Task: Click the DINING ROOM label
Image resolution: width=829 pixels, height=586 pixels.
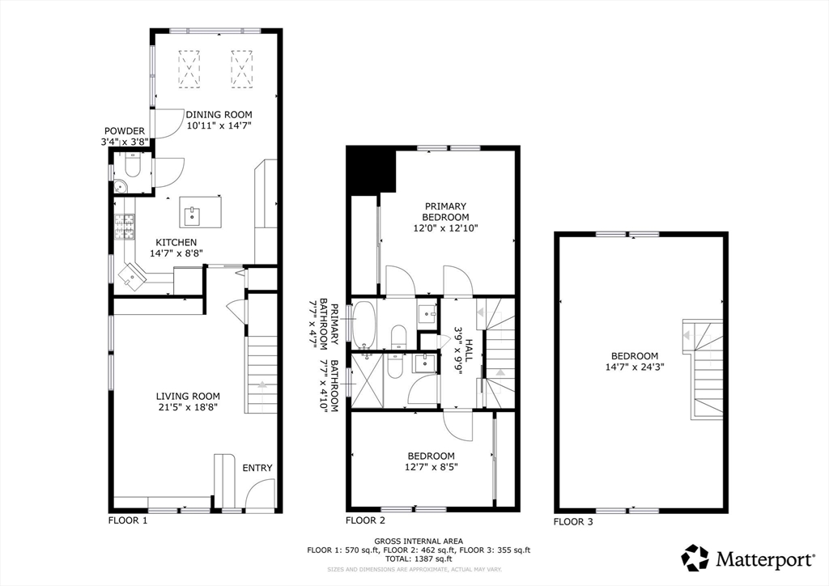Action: point(219,115)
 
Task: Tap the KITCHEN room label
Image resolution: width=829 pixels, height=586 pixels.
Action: point(176,243)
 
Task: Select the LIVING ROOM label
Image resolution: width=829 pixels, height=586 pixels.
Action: point(188,397)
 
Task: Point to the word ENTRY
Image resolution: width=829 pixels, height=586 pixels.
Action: point(257,468)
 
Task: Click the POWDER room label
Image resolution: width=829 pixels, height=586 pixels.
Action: point(124,131)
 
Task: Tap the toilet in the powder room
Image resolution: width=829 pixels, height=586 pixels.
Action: point(132,166)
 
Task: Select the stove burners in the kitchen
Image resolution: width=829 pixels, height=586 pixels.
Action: point(125,227)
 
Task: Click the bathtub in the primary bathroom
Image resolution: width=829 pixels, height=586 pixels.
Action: point(363,325)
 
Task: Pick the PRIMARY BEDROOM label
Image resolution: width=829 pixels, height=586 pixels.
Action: point(445,211)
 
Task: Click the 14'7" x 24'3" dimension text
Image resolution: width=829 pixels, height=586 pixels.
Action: point(635,366)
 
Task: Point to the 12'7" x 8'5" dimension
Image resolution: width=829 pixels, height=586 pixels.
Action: point(431,466)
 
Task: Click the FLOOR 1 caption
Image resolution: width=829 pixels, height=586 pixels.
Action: point(128,520)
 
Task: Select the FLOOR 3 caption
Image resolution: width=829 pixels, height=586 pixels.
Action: point(573,522)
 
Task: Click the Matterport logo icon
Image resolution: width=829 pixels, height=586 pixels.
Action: point(695,558)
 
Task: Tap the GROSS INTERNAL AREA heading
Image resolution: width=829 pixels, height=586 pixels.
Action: point(419,541)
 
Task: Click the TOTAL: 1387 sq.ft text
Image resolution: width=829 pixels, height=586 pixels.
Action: point(419,558)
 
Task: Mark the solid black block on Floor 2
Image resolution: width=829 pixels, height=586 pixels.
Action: point(371,170)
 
